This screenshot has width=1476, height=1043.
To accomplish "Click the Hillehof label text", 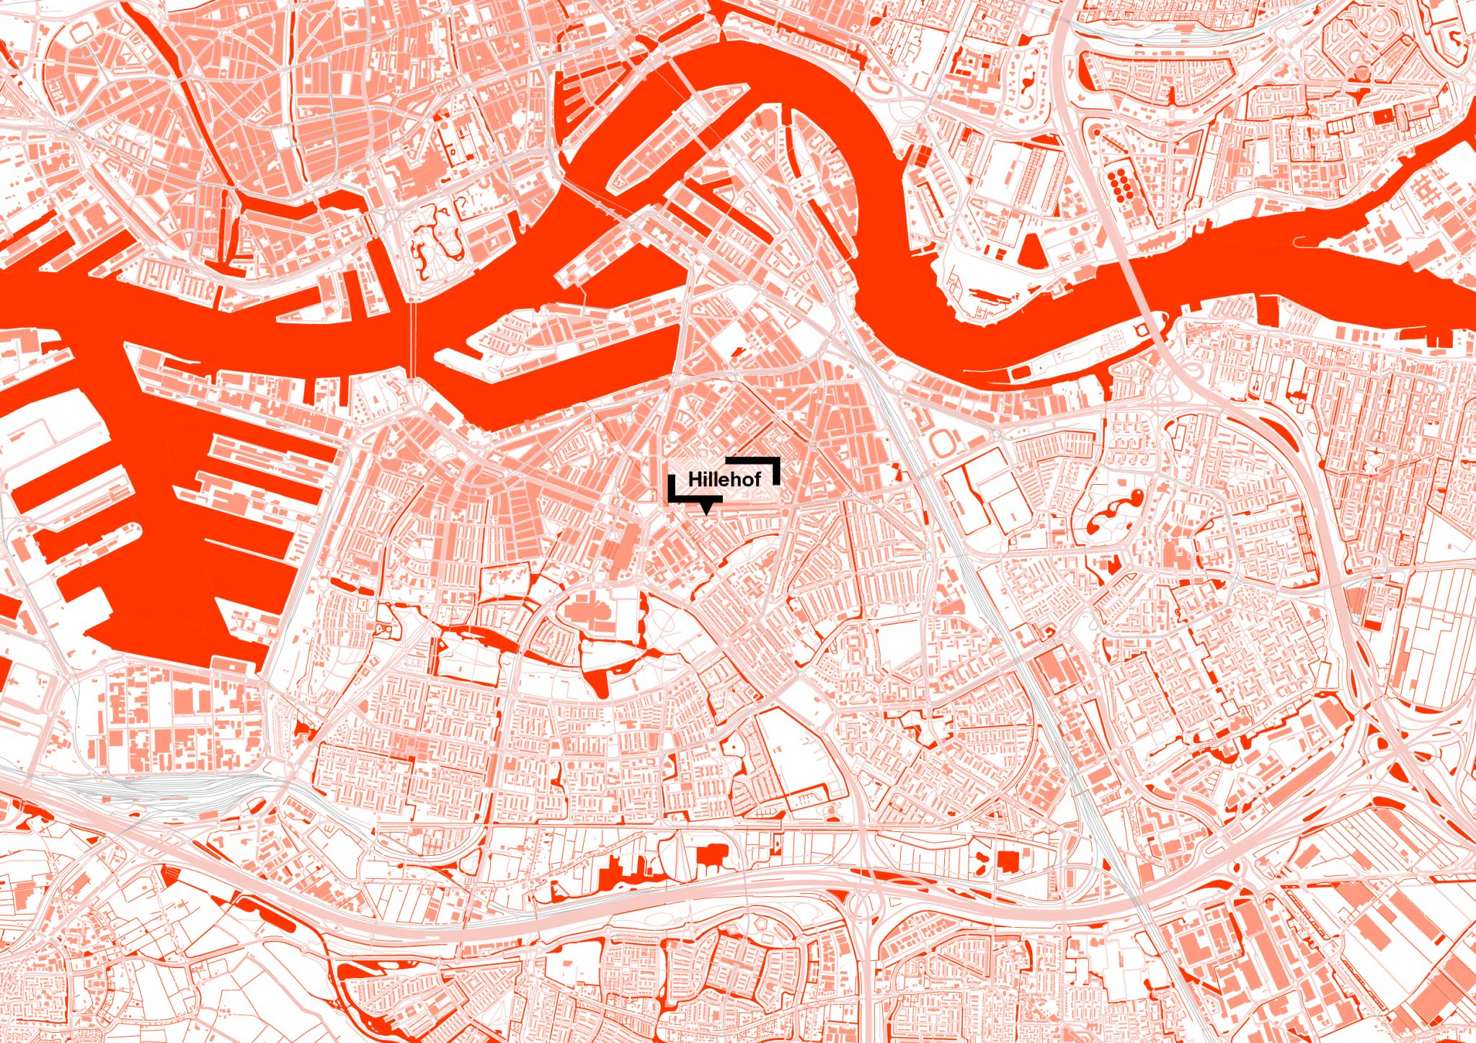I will [x=724, y=480].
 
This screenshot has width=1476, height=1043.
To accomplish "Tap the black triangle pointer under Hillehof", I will [x=708, y=507].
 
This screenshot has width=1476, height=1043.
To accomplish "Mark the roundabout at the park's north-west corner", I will [x=393, y=215].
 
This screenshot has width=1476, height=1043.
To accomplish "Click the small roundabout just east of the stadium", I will [x=998, y=435].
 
